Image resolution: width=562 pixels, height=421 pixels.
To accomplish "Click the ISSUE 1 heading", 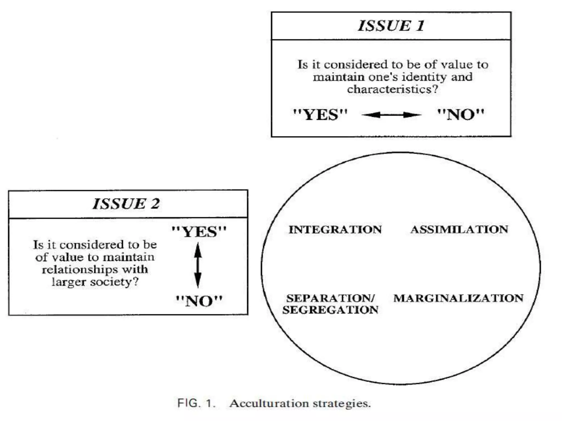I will click(391, 26).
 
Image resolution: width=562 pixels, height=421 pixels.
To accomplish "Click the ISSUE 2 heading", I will click(126, 204).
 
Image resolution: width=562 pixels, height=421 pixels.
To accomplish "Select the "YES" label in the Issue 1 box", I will click(320, 115).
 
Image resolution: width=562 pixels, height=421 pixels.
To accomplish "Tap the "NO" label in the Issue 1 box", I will click(461, 115).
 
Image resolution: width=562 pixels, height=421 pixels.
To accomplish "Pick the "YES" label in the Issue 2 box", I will click(199, 232).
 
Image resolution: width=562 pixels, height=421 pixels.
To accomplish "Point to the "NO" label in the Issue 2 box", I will click(199, 301).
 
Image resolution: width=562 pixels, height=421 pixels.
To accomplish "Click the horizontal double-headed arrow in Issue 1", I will click(391, 115).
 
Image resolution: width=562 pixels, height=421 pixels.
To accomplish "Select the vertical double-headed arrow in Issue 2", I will click(198, 265).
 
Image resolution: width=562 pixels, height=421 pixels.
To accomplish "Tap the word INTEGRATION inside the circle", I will click(335, 230).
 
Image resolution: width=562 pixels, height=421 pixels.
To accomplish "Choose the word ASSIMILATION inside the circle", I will click(459, 230).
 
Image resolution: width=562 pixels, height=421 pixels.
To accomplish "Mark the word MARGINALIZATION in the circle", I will click(458, 298).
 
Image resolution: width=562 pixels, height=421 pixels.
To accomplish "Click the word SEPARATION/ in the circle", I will click(331, 298).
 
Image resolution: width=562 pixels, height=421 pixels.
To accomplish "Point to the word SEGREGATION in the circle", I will click(330, 310).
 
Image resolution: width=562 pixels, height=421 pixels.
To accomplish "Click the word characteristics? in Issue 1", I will click(392, 89).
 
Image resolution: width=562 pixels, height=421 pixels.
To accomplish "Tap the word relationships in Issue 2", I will click(80, 270).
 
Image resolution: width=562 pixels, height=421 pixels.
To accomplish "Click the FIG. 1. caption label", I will click(196, 403).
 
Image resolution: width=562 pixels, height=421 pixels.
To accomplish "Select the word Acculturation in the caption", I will click(269, 403).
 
